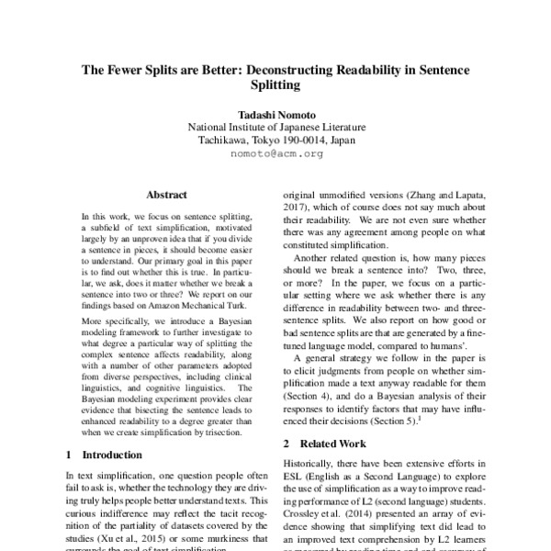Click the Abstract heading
pos(166,196)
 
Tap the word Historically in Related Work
pos(312,467)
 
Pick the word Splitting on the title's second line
pos(275,86)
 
